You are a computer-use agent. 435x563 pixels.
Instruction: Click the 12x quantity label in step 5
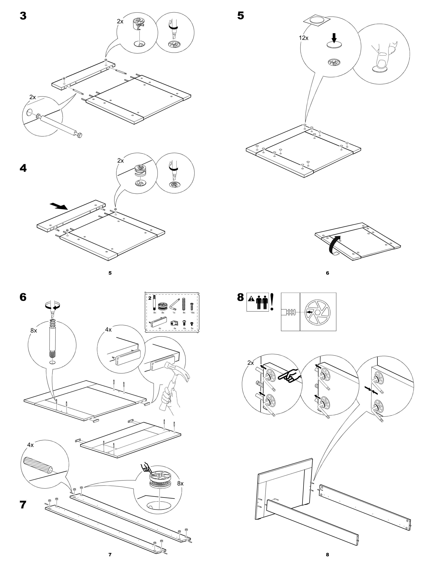click(x=304, y=38)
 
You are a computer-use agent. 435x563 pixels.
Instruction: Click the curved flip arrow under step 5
click(x=334, y=245)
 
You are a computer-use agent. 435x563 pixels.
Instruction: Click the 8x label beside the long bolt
click(x=34, y=330)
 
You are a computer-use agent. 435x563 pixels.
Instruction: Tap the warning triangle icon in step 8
click(x=251, y=299)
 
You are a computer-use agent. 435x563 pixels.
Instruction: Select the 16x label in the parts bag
click(x=192, y=312)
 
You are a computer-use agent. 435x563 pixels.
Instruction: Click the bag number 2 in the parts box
click(x=150, y=298)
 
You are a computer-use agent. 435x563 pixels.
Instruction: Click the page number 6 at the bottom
click(x=327, y=273)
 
